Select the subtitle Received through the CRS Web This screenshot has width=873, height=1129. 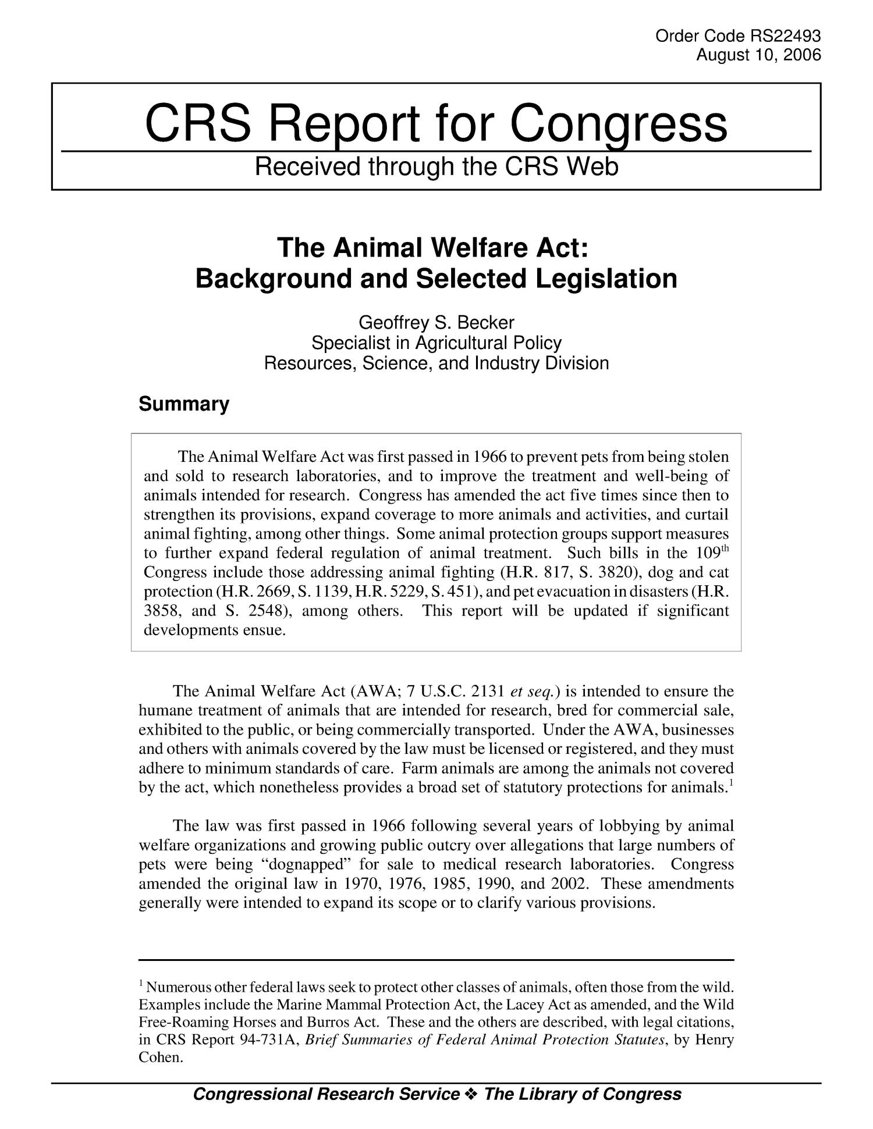coord(436,168)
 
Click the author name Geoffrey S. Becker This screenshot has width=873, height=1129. coord(436,322)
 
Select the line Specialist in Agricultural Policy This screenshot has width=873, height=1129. coord(436,343)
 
